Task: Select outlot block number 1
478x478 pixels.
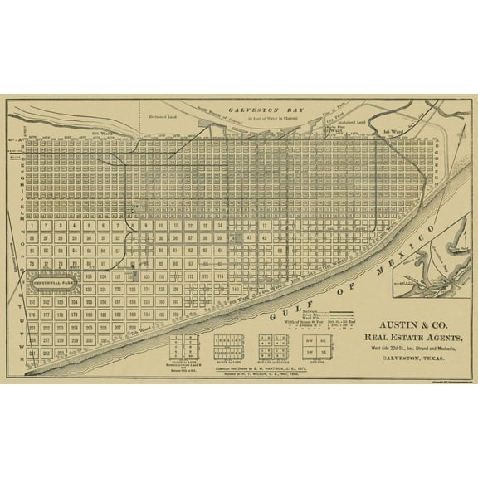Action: [30, 225]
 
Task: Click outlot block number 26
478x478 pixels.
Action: [30, 237]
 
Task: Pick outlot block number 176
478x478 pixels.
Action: [30, 315]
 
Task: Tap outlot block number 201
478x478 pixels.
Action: [30, 328]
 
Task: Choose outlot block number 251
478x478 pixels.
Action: [30, 354]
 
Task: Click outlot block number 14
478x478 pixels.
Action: [220, 225]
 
